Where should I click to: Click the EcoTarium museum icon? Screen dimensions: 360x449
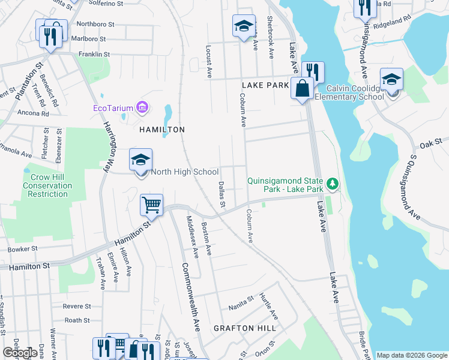pyautogui.click(x=142, y=108)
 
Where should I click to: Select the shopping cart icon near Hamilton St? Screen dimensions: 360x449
pyautogui.click(x=152, y=205)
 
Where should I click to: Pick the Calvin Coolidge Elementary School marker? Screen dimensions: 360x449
pyautogui.click(x=391, y=80)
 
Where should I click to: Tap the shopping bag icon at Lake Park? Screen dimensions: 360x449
pyautogui.click(x=301, y=89)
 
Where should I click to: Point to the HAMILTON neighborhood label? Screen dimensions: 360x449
pyautogui.click(x=162, y=130)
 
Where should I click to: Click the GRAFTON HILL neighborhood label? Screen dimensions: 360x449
pyautogui.click(x=245, y=328)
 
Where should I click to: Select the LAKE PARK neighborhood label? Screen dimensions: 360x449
pyautogui.click(x=265, y=86)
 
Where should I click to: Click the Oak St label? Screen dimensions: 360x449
pyautogui.click(x=430, y=145)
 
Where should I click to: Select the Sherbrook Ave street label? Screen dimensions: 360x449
pyautogui.click(x=271, y=43)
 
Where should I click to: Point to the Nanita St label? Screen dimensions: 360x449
pyautogui.click(x=241, y=306)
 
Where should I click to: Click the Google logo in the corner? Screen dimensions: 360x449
pyautogui.click(x=20, y=353)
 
